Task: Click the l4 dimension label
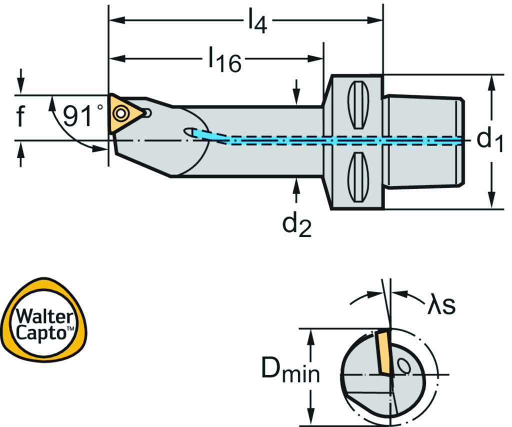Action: pyautogui.click(x=256, y=22)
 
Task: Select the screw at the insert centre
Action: pyautogui.click(x=119, y=113)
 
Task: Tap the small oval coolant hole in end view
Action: pyautogui.click(x=403, y=366)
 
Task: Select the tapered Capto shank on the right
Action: pyautogui.click(x=424, y=141)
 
